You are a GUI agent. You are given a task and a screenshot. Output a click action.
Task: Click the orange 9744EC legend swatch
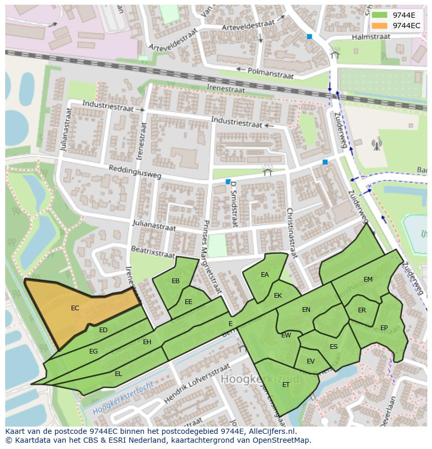click(x=379, y=25)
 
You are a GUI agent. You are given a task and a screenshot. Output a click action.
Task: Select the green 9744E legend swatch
click(x=379, y=15)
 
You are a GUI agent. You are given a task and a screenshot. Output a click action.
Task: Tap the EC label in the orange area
click(x=75, y=308)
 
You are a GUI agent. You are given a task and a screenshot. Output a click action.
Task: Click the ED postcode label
click(x=103, y=330)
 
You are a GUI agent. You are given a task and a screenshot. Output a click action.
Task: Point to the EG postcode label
click(x=93, y=351)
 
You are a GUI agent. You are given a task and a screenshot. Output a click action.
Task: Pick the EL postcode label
click(x=118, y=374)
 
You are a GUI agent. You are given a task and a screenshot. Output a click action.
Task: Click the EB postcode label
click(x=176, y=281)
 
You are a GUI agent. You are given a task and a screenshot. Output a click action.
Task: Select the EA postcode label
click(x=265, y=275)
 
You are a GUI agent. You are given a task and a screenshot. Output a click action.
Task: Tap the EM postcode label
click(x=368, y=280)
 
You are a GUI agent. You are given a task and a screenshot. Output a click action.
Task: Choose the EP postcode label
click(x=384, y=328)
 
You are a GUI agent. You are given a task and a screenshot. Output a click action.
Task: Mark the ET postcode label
click(x=286, y=385)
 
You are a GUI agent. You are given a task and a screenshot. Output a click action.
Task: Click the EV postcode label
click(x=311, y=361)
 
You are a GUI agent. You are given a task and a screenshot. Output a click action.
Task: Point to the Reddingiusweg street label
click(x=135, y=172)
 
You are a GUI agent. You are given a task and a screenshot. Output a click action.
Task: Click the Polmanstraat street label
click(x=271, y=72)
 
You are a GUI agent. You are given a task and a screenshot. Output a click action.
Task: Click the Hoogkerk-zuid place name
click(x=260, y=378)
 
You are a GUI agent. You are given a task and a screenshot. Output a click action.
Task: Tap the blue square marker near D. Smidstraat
click(x=228, y=181)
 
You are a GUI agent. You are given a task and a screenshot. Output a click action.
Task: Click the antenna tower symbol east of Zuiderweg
click(x=376, y=144)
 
